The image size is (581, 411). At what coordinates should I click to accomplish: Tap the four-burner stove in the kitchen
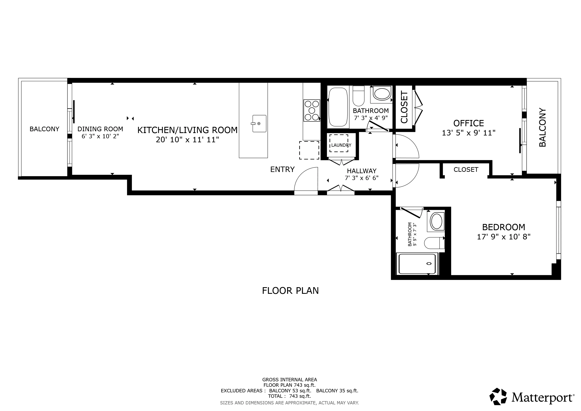click(312, 111)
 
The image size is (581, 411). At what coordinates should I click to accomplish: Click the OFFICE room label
click(468, 123)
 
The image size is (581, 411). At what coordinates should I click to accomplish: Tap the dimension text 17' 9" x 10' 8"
click(503, 237)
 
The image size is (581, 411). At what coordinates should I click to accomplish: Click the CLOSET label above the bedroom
click(466, 170)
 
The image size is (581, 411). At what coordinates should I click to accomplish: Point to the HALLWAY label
click(361, 171)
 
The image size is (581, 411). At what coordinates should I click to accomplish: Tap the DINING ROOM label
click(100, 129)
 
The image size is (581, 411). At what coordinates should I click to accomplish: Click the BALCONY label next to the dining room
click(44, 129)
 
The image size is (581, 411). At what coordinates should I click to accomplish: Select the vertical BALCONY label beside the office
click(542, 128)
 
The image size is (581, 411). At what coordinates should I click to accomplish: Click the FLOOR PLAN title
click(290, 291)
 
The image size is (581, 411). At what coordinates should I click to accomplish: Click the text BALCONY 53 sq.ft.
click(290, 391)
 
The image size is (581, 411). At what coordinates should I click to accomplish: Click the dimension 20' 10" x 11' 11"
click(187, 140)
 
